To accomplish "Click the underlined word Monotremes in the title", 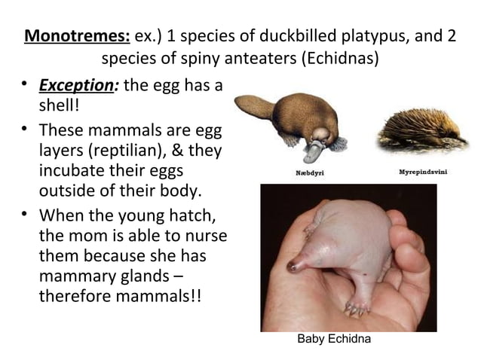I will click(x=78, y=36).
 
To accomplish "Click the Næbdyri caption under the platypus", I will click(x=308, y=172).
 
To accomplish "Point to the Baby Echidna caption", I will click(x=334, y=340).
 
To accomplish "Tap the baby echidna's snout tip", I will click(x=293, y=267).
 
